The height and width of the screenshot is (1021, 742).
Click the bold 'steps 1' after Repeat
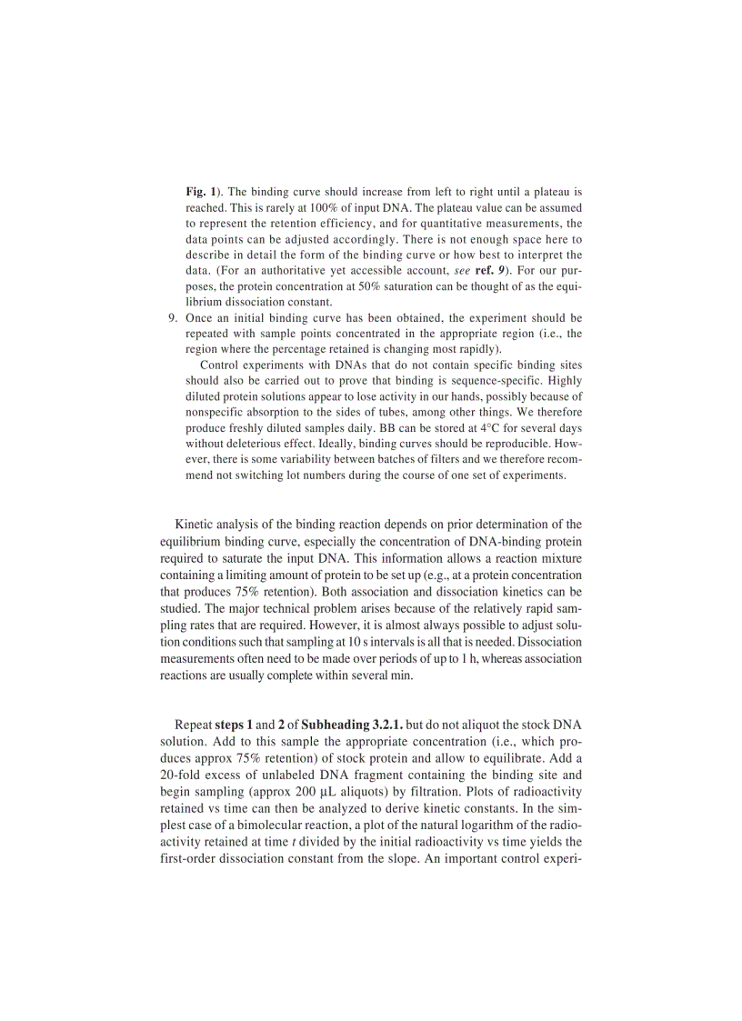tap(233, 726)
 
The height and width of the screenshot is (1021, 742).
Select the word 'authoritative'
tap(294, 270)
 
